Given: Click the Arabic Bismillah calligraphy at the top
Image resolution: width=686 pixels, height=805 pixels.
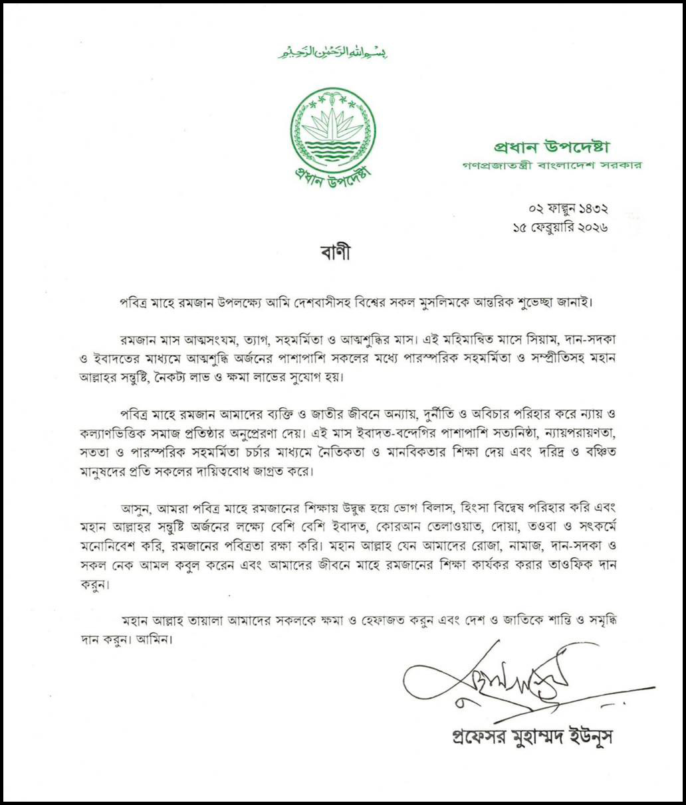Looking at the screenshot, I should click(332, 52).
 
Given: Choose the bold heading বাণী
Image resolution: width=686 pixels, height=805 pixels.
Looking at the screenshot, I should click(332, 254).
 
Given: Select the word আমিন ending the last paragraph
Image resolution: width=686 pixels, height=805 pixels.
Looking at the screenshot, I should click(155, 643).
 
